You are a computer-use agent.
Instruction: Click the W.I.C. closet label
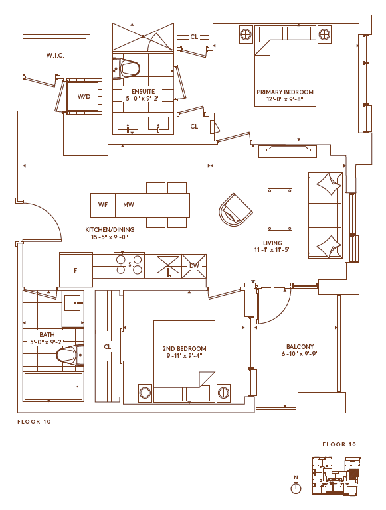tap(55, 56)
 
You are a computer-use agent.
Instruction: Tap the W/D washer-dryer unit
tap(84, 97)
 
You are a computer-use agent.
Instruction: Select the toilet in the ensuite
tap(126, 68)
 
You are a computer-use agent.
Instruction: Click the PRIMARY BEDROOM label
tap(285, 92)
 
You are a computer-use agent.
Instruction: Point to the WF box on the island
tap(102, 205)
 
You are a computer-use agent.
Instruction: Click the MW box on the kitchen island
tap(128, 205)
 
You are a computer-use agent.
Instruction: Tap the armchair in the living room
tap(235, 210)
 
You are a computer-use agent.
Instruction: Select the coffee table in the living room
tap(280, 210)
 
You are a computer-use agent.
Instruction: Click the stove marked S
tap(130, 265)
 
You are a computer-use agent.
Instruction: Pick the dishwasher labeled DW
tap(194, 266)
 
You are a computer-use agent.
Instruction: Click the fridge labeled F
tap(76, 270)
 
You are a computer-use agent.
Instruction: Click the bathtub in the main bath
tap(53, 387)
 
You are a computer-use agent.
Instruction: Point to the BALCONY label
tap(300, 347)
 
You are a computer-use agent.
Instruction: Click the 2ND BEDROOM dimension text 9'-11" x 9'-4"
tap(185, 356)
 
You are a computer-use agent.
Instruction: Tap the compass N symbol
tap(296, 485)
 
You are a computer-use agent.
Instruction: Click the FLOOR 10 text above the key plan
tap(339, 444)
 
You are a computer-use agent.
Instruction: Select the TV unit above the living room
tap(288, 151)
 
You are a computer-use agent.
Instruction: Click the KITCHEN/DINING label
tap(110, 230)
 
